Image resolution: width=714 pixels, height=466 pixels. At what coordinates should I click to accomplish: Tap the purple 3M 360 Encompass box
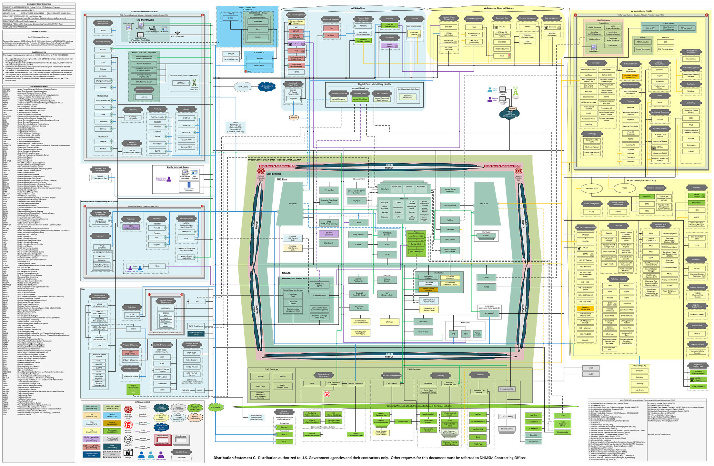[x=329, y=233]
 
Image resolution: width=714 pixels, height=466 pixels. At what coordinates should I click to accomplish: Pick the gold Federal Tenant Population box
[x=428, y=289]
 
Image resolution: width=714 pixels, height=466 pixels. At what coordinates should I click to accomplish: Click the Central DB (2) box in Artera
[x=416, y=244]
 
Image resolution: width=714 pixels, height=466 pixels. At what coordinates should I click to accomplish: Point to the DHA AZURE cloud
[x=243, y=87]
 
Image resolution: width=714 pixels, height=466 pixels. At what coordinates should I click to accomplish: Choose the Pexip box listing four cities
[x=235, y=127]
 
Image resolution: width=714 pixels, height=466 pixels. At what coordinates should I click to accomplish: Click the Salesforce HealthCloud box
[x=408, y=96]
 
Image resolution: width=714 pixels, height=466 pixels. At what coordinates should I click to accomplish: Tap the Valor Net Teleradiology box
[x=390, y=25]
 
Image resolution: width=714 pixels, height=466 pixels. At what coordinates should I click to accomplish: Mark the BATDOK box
[x=231, y=54]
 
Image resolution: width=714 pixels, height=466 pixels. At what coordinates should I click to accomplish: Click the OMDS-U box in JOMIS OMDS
[x=259, y=58]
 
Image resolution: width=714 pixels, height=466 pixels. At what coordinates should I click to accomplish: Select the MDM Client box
[x=181, y=83]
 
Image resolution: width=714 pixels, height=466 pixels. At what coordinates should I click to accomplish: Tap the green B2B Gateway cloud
[x=216, y=407]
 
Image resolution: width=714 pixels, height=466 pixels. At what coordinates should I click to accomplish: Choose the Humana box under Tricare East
[x=284, y=427]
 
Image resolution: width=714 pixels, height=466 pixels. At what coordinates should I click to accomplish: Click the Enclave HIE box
[x=489, y=313]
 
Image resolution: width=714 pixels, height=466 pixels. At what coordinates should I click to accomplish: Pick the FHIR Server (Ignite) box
[x=319, y=285]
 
